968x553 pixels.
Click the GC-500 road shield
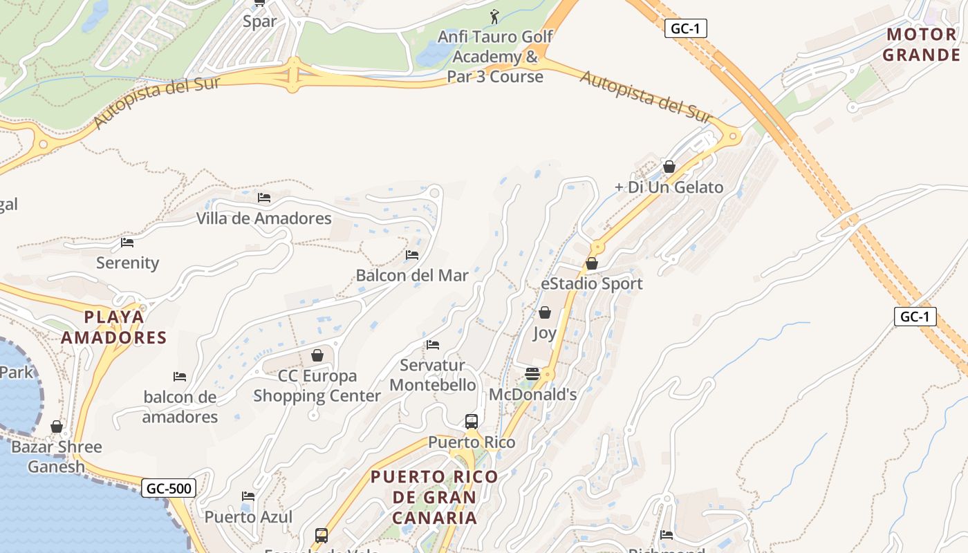point(169,489)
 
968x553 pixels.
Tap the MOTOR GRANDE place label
point(922,45)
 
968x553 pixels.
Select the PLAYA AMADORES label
point(114,327)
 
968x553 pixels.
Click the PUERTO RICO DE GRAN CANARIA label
point(434,497)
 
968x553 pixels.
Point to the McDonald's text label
point(532,394)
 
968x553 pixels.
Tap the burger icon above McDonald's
point(532,374)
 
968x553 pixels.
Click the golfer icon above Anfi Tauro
point(494,16)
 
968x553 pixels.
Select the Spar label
point(259,21)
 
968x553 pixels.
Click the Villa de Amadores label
point(264,218)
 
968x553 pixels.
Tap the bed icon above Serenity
point(127,243)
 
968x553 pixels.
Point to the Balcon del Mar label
point(412,275)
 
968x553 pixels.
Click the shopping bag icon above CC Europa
point(317,355)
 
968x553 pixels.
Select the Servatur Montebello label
point(433,375)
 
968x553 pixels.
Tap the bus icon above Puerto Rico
point(472,422)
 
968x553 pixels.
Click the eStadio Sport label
point(592,283)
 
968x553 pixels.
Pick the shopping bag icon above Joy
point(545,312)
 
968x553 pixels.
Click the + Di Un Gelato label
point(669,187)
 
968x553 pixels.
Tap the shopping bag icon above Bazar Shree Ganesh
point(57,427)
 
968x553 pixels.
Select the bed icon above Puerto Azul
point(248,496)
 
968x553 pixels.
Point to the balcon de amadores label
point(180,407)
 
